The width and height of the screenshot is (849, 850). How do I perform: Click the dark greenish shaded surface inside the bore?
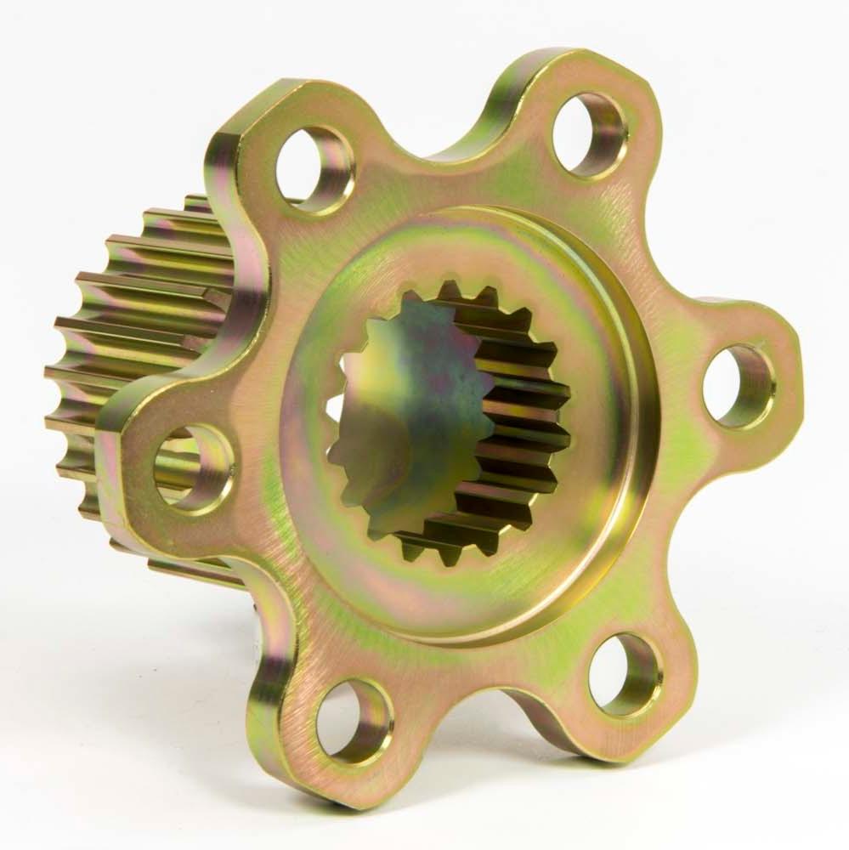pyautogui.click(x=408, y=399)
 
